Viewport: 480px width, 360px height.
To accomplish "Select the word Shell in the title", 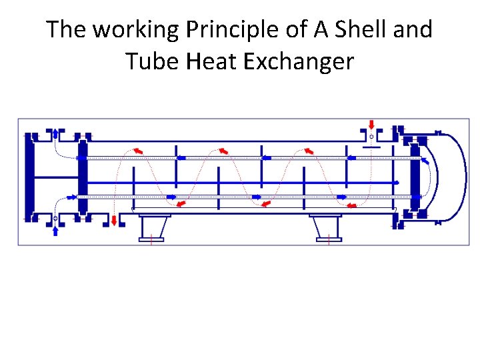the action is (359, 30).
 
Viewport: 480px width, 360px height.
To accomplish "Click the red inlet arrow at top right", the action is (371, 125).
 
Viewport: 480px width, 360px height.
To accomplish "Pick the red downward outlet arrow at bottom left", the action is (114, 220).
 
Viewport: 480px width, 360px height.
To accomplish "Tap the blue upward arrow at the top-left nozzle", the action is (55, 132).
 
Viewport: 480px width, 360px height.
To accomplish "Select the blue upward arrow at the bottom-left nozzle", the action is (55, 230).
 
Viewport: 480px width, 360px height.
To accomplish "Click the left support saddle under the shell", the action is (153, 227).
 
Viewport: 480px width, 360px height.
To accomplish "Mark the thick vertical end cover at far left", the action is (29, 176).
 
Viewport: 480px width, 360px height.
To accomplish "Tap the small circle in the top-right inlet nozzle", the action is (371, 137).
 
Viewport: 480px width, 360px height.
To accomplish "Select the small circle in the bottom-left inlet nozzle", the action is (55, 218).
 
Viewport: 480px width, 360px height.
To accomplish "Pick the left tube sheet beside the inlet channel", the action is (83, 176).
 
